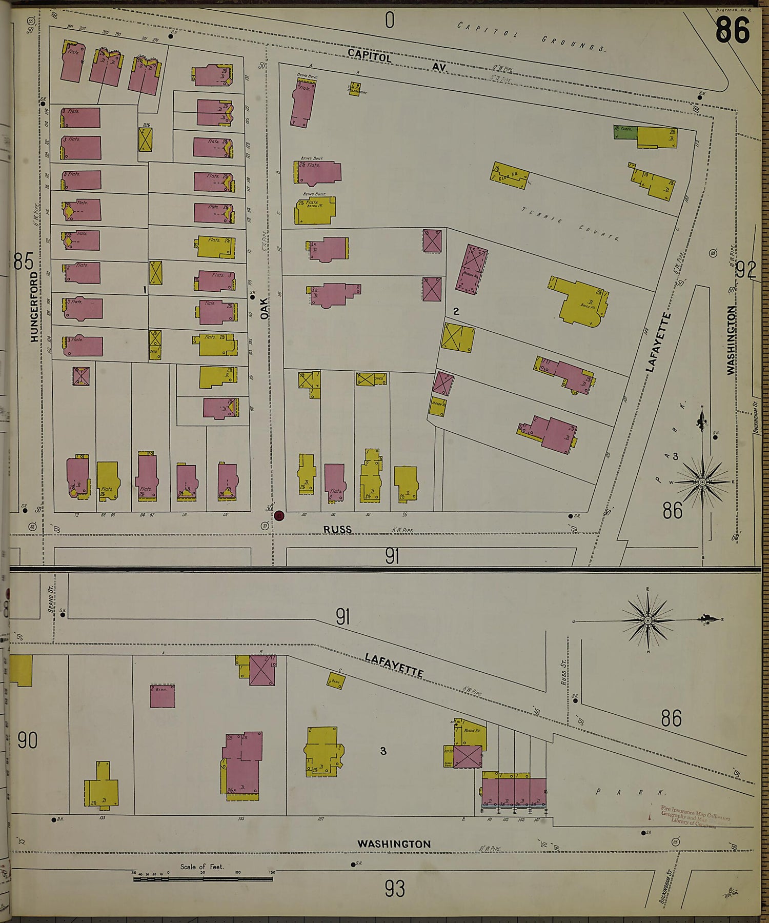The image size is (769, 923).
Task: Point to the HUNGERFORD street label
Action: click(34, 307)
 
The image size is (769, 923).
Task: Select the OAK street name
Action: click(265, 309)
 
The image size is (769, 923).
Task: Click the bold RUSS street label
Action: click(337, 530)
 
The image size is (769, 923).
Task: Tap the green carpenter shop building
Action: click(625, 131)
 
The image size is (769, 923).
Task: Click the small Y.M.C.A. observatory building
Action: click(354, 88)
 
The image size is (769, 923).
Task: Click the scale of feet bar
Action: click(203, 878)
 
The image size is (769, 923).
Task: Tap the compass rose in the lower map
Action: click(647, 621)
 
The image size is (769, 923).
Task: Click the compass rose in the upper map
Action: click(702, 482)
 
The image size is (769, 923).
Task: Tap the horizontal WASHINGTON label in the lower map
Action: click(394, 844)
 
